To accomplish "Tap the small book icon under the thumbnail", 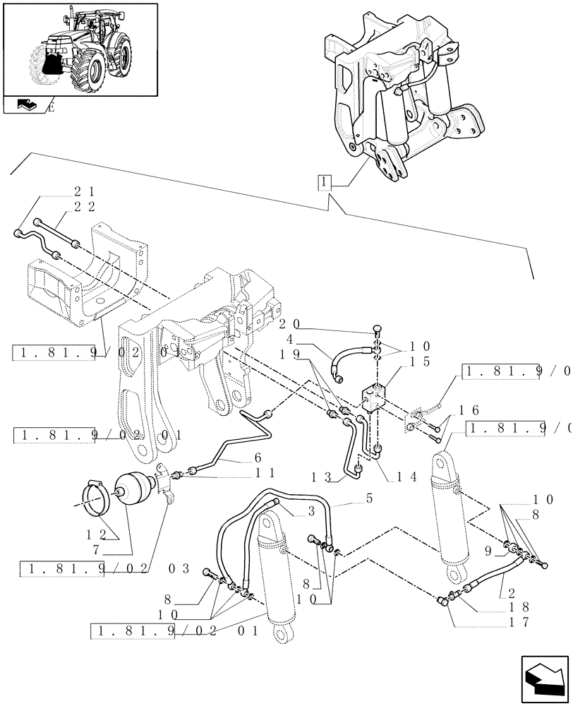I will (x=25, y=106).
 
